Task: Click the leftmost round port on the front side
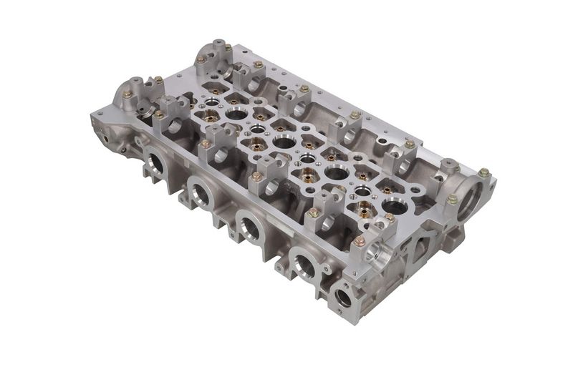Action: coord(156,164)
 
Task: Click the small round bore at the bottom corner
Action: coord(343,296)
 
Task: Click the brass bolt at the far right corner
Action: coord(483,172)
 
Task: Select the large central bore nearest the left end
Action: coord(236,113)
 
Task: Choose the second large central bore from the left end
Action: coord(284,142)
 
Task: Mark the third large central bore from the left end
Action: coord(336,172)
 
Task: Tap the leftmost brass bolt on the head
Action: coord(127,94)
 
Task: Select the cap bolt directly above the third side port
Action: coord(256,176)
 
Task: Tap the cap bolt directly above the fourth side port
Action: coord(313,212)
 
